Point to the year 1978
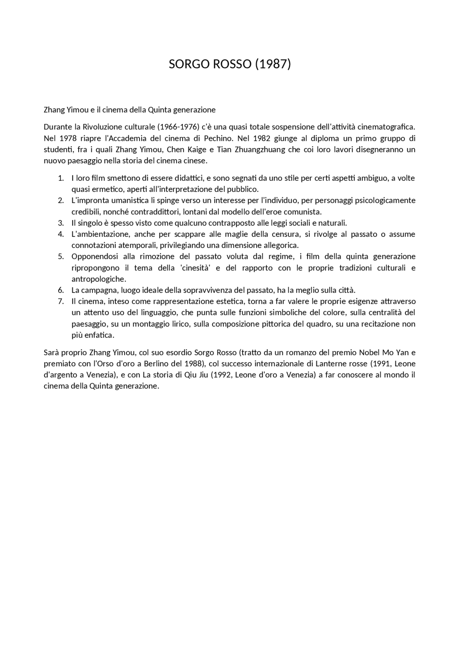tap(68, 138)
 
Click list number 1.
tap(61, 178)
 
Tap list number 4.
tap(61, 234)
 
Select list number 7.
tap(61, 301)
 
